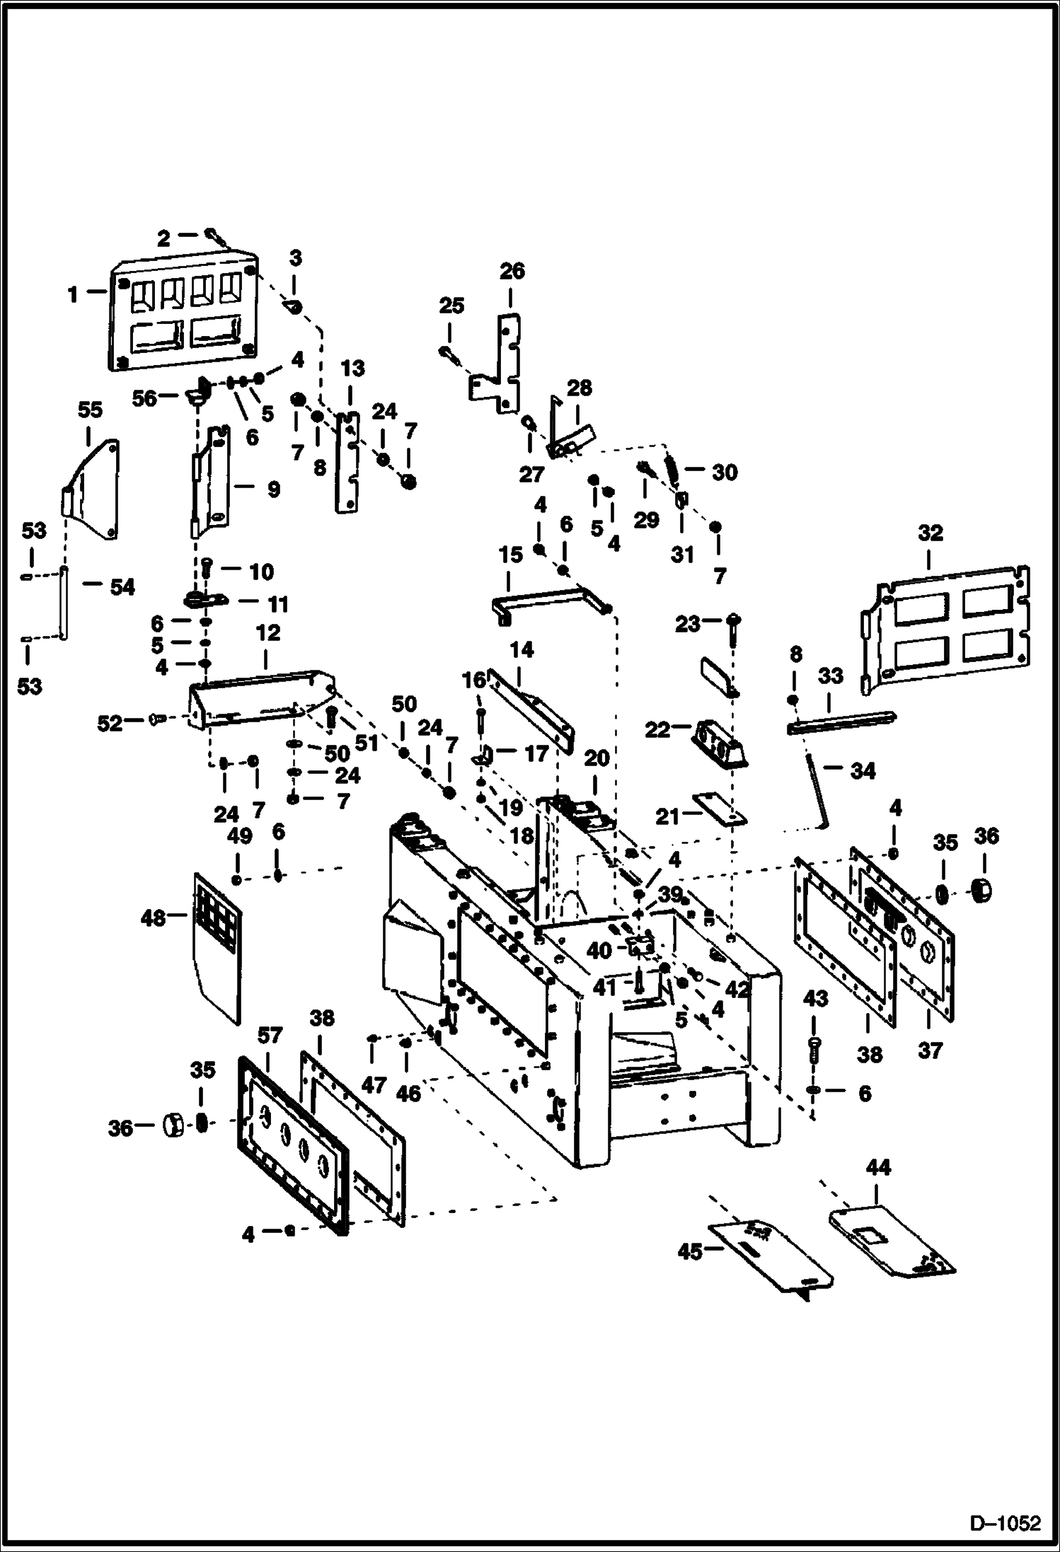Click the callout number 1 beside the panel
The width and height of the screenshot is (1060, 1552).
coord(73,295)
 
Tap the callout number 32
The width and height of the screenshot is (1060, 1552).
coord(930,533)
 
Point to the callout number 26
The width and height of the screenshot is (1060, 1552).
coord(512,271)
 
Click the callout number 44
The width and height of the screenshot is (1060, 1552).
coord(877,1168)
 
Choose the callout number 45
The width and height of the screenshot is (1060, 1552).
coord(690,1251)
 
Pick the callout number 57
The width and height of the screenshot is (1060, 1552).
coord(269,1036)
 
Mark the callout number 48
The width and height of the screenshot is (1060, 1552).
coord(153,918)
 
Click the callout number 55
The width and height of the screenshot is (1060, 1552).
coord(90,410)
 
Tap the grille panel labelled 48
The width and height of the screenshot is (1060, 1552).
coord(216,948)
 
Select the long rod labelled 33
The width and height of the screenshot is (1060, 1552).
coord(842,722)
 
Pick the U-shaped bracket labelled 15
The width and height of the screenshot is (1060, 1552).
coord(548,598)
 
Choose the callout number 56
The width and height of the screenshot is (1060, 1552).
coord(145,398)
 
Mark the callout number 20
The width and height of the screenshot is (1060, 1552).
coord(596,758)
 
